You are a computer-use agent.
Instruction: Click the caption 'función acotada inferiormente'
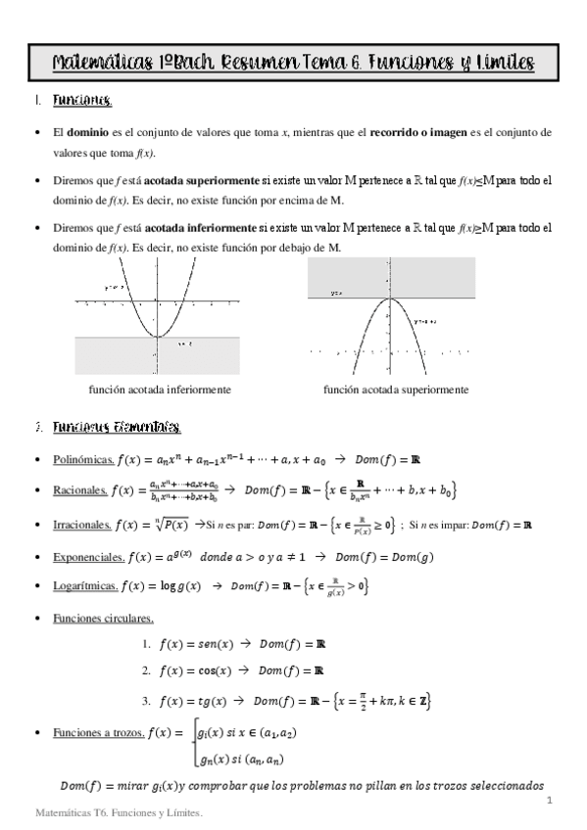(x=160, y=390)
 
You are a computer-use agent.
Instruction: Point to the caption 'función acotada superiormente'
(x=395, y=390)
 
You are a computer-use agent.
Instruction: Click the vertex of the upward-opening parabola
(x=158, y=336)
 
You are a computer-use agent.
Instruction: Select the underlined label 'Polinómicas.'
(x=82, y=460)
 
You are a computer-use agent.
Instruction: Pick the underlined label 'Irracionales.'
(x=81, y=526)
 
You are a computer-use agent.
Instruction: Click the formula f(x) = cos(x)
(x=194, y=671)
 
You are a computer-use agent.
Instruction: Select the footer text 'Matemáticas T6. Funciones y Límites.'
(x=117, y=812)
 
